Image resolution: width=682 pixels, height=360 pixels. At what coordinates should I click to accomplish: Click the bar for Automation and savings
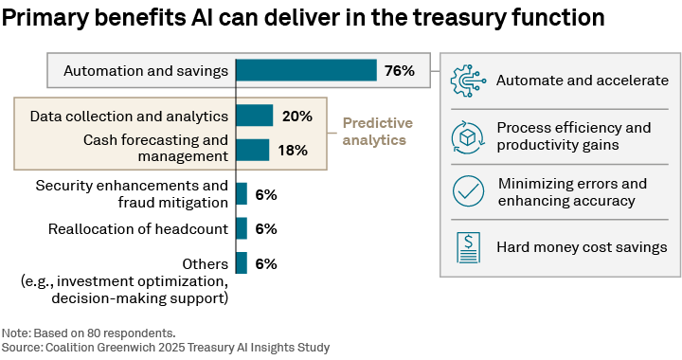click(x=306, y=71)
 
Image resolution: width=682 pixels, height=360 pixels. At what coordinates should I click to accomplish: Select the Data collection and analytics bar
click(x=254, y=116)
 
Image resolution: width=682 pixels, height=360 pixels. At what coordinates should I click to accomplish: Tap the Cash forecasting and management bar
click(x=252, y=150)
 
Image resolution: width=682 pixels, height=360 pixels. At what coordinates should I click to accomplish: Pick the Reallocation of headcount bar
click(x=242, y=228)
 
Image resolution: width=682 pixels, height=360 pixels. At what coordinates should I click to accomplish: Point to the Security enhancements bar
click(x=242, y=194)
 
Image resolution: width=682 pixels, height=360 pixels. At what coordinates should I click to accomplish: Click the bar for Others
click(x=242, y=263)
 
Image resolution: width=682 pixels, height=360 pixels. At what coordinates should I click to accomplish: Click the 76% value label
click(x=399, y=71)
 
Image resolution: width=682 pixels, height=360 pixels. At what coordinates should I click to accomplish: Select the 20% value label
click(x=296, y=116)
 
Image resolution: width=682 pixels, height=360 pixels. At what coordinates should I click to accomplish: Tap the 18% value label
click(x=293, y=150)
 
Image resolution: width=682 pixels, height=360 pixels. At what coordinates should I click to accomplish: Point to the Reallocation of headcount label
click(x=137, y=228)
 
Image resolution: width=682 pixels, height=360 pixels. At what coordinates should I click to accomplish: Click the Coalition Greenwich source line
click(x=165, y=348)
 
